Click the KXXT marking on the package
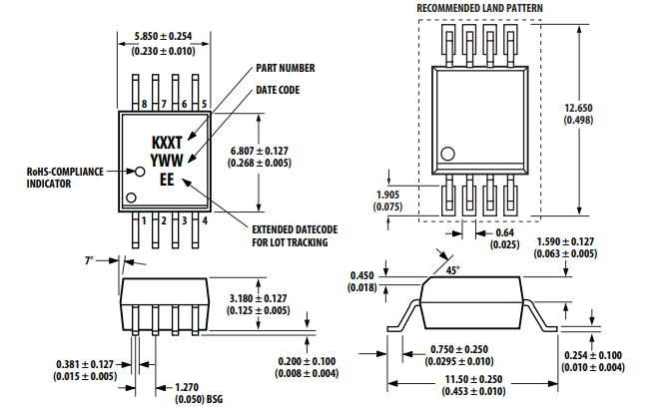(166, 143)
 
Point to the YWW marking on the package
(166, 161)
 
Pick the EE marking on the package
(166, 180)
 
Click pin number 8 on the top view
(145, 105)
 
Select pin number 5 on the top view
(204, 105)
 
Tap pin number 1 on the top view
(145, 219)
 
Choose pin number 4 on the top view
(204, 219)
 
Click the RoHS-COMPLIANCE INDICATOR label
(65, 177)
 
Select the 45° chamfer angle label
(455, 270)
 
